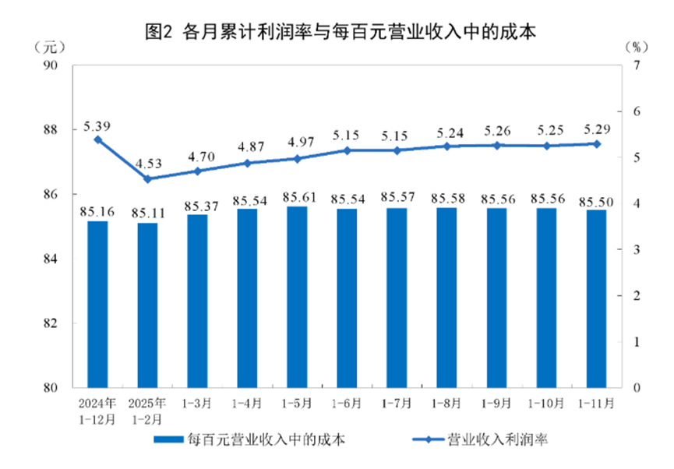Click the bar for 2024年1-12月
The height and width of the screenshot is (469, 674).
pyautogui.click(x=97, y=304)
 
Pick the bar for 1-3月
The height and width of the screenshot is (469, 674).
pyautogui.click(x=197, y=301)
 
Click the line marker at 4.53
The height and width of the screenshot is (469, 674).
pyautogui.click(x=147, y=178)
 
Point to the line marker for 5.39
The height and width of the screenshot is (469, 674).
pyautogui.click(x=97, y=139)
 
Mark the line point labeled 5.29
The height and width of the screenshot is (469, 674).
pyautogui.click(x=596, y=144)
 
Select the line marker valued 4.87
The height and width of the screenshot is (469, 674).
pyautogui.click(x=247, y=163)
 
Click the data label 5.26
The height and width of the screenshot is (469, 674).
pyautogui.click(x=496, y=129)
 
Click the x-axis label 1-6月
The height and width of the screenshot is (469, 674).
pyautogui.click(x=347, y=404)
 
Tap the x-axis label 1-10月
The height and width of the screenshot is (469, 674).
pyautogui.click(x=546, y=404)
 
